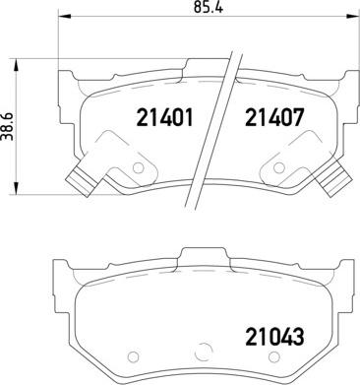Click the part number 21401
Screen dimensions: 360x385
[164, 117]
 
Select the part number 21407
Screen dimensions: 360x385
[274, 117]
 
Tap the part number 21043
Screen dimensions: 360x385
[274, 337]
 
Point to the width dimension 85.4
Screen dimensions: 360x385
[209, 7]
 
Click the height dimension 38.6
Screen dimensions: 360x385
[7, 126]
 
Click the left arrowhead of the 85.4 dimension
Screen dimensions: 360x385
[64, 16]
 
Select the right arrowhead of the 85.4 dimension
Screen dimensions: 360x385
[353, 16]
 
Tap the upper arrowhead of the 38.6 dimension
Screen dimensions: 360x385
[15, 65]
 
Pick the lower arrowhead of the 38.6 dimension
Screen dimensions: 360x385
[15, 188]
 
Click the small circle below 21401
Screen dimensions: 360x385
[138, 168]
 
